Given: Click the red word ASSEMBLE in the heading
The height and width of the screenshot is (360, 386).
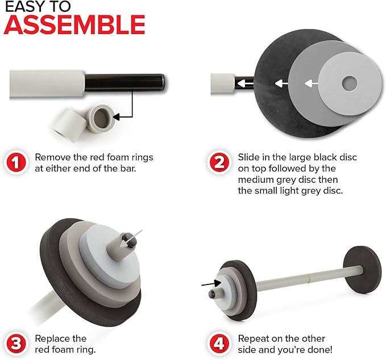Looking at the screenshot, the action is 74,24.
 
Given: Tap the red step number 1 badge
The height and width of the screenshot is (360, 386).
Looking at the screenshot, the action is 16,162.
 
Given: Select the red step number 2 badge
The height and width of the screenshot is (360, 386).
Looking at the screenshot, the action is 219,162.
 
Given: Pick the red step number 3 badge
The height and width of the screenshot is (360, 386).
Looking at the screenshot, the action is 16,344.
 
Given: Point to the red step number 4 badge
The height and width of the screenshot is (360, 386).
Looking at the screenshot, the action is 219,344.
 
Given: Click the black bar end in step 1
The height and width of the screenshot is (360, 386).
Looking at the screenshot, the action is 124,82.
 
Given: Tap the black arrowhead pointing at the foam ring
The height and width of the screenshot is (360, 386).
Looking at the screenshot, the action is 116,117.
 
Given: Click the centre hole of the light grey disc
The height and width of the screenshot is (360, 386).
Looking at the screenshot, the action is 349,83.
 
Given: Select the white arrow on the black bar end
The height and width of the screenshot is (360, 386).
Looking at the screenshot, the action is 245,83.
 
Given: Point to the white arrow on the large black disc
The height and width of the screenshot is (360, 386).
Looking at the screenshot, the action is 281,83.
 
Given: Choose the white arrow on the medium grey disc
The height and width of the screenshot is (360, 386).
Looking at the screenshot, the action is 312,83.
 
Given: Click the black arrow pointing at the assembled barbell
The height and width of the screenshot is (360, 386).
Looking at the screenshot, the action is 211,283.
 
